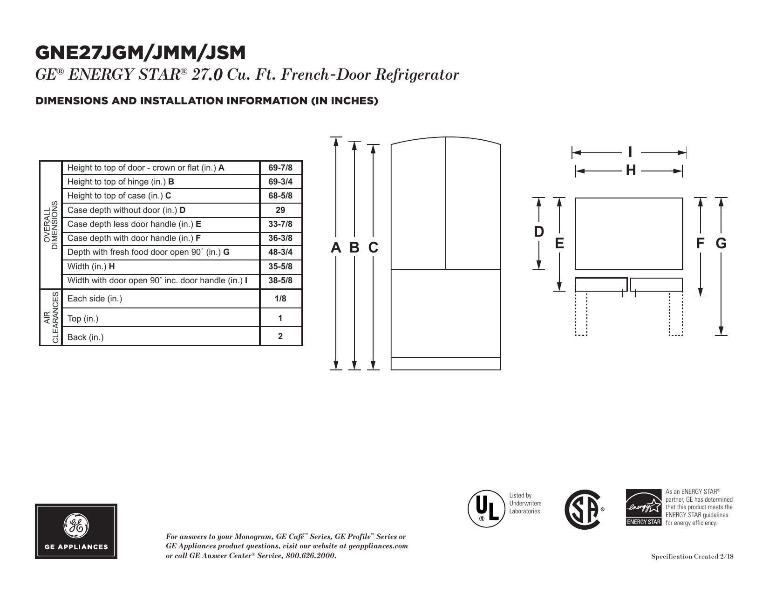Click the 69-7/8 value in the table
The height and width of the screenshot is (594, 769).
280,168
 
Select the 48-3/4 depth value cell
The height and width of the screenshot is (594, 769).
280,252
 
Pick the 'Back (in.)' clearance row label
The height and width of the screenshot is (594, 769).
85,337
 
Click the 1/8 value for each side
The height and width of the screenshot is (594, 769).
280,299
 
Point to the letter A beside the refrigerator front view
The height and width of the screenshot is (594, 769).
336,247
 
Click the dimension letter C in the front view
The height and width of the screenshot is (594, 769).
374,247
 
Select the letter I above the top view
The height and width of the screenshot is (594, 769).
630,152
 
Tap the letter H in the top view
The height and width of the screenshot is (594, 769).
631,171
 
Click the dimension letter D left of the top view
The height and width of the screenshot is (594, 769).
538,232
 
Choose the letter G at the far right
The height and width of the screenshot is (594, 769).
721,243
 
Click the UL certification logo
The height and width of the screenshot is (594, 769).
486,509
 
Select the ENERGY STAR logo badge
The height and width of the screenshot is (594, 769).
644,508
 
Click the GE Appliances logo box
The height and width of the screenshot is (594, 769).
76,532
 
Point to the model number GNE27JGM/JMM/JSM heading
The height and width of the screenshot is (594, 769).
140,53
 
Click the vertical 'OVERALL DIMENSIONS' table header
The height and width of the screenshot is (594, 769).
51,225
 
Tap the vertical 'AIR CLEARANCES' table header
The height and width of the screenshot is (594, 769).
51,318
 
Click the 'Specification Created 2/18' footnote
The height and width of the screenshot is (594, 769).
692,556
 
